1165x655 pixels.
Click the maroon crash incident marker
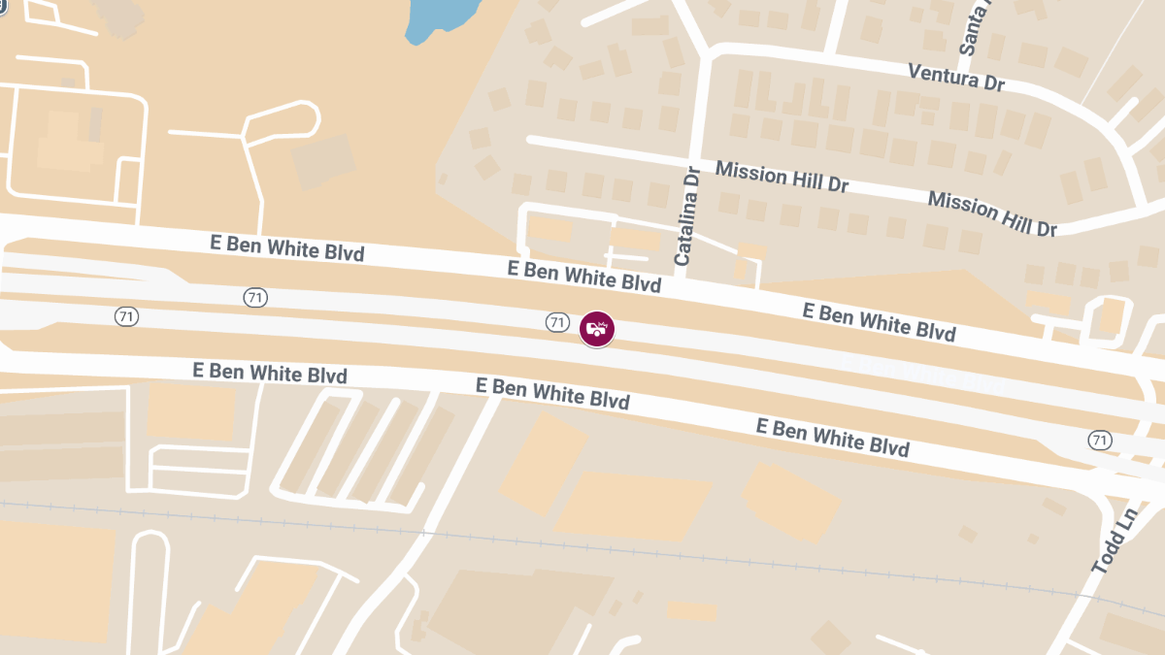[597, 329]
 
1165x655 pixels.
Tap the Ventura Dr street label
[955, 77]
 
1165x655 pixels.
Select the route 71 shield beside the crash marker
[556, 322]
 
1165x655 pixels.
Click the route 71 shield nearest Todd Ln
[1099, 441]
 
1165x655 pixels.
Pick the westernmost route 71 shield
[125, 316]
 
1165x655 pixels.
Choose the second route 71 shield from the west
[255, 298]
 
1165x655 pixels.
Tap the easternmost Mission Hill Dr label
[991, 213]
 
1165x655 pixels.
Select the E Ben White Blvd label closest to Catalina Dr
[583, 276]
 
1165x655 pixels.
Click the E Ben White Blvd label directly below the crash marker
[552, 393]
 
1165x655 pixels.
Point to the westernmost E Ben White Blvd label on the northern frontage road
[287, 247]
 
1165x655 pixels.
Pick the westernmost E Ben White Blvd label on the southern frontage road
[270, 372]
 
